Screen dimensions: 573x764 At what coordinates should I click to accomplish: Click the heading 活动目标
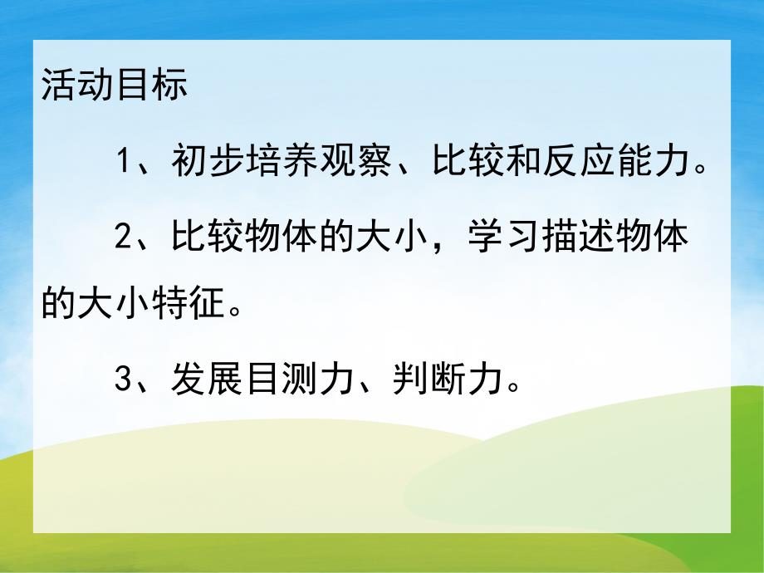(115, 87)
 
